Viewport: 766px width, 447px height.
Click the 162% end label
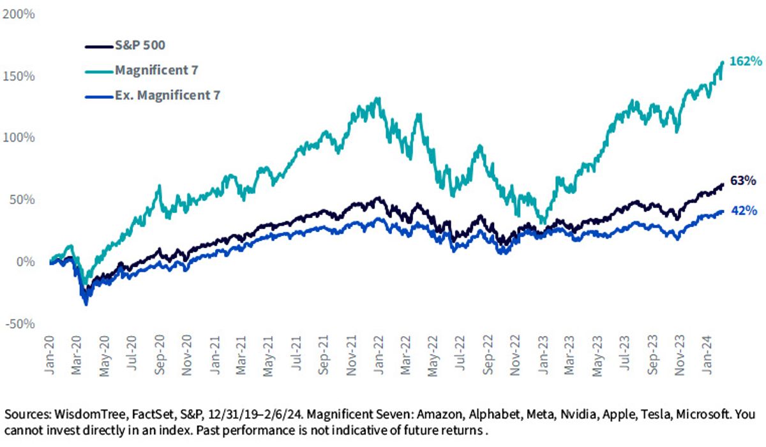point(746,61)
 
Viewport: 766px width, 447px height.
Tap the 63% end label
point(743,180)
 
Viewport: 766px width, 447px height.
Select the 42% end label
point(744,210)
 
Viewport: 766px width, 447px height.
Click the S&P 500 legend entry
point(125,45)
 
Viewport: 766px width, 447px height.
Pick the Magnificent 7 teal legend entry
point(142,70)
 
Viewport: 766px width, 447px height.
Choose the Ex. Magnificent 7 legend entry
point(153,95)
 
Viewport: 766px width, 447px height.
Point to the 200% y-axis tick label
point(19,14)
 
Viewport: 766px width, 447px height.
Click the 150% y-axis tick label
point(19,76)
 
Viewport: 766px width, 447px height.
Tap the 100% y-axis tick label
point(19,137)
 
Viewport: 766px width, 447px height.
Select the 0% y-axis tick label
point(26,261)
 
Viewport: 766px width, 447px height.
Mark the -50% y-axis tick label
point(20,323)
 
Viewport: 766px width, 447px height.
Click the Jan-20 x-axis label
point(50,355)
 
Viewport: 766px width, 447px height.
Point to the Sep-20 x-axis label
point(160,355)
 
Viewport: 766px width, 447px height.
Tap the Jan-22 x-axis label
point(379,355)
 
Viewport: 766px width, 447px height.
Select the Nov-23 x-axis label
point(680,355)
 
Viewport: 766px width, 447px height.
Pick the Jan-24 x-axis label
point(707,355)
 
